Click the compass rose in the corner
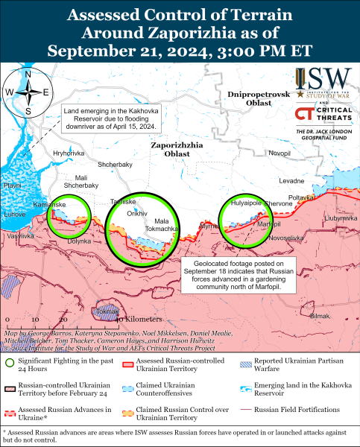(28, 92)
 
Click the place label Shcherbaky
(115, 164)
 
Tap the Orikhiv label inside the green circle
(137, 213)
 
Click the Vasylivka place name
(20, 235)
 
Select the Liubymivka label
(341, 219)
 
